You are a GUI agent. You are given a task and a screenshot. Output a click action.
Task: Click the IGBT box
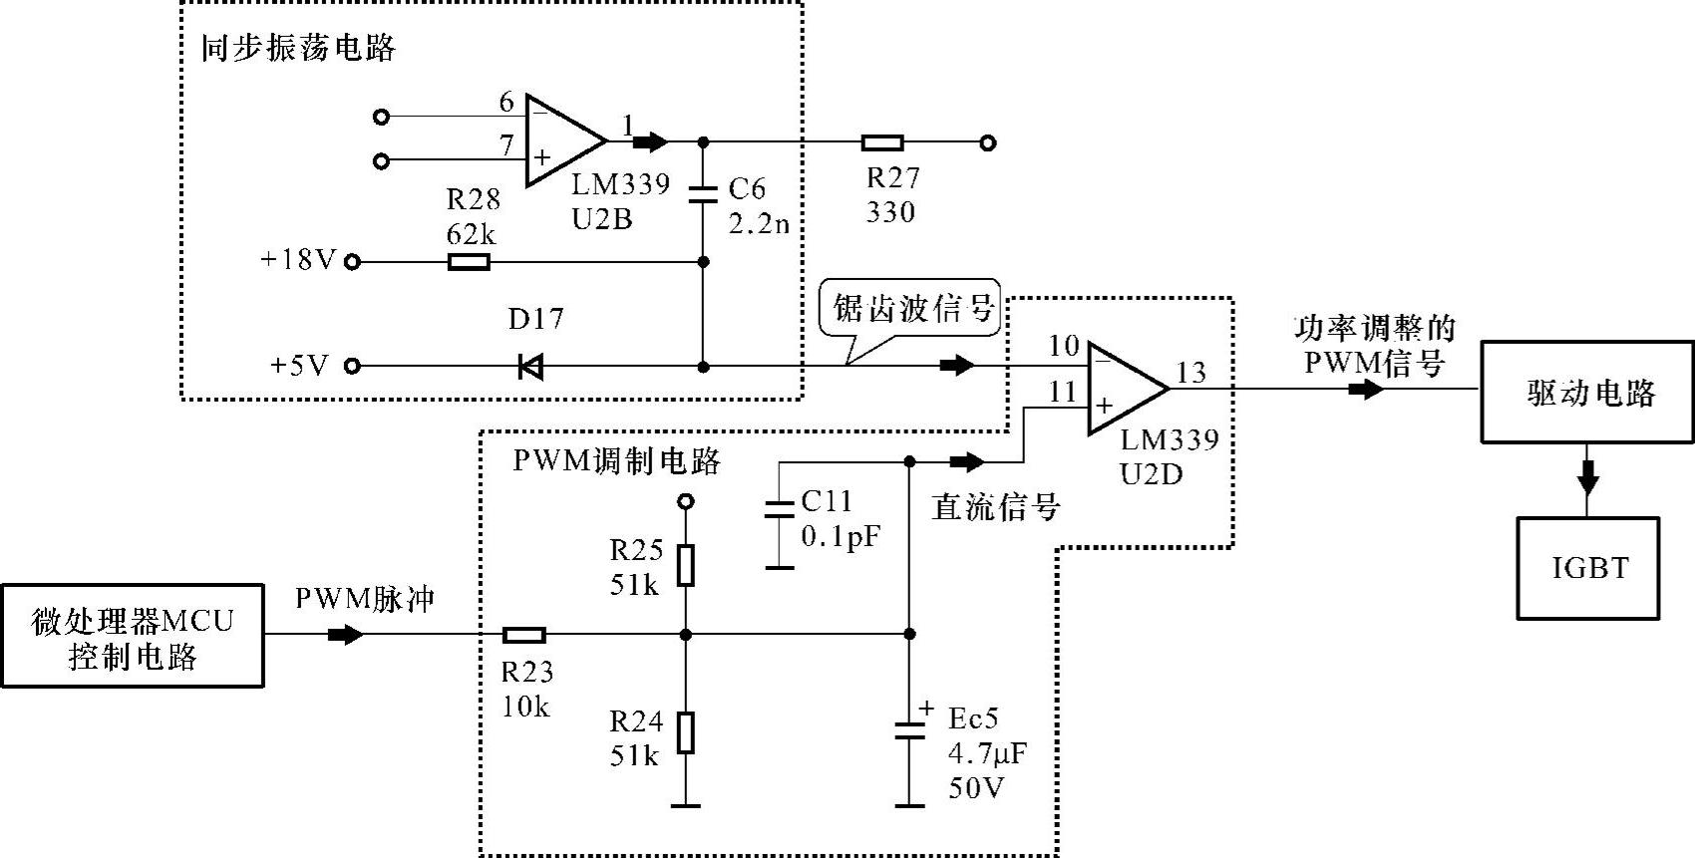(x=1588, y=568)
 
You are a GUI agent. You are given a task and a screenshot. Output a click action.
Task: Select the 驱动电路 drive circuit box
(x=1587, y=392)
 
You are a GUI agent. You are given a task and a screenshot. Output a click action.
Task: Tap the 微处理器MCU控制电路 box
(x=132, y=636)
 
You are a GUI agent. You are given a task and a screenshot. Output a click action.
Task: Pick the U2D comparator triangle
(x=1125, y=388)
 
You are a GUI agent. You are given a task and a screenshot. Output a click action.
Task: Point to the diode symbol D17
(x=530, y=367)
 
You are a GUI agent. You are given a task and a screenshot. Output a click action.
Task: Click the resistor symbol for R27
(x=882, y=143)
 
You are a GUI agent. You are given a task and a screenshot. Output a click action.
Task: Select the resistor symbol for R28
(x=469, y=262)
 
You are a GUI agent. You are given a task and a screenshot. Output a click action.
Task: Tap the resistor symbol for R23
(x=523, y=635)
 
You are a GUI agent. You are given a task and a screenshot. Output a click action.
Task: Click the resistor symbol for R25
(x=685, y=565)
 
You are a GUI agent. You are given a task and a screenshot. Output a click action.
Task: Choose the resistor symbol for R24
(x=685, y=732)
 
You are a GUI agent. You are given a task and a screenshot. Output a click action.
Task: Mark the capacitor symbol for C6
(x=704, y=193)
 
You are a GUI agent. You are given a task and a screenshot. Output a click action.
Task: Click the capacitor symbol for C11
(x=779, y=510)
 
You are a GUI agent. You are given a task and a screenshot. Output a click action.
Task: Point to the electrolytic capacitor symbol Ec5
(x=908, y=730)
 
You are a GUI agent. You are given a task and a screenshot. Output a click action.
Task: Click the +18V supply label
(x=298, y=261)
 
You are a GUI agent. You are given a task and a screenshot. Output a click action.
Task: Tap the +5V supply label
(x=298, y=366)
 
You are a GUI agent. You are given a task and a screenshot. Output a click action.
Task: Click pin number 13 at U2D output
(x=1190, y=373)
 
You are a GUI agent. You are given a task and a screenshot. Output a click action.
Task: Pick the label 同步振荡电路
(x=298, y=48)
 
